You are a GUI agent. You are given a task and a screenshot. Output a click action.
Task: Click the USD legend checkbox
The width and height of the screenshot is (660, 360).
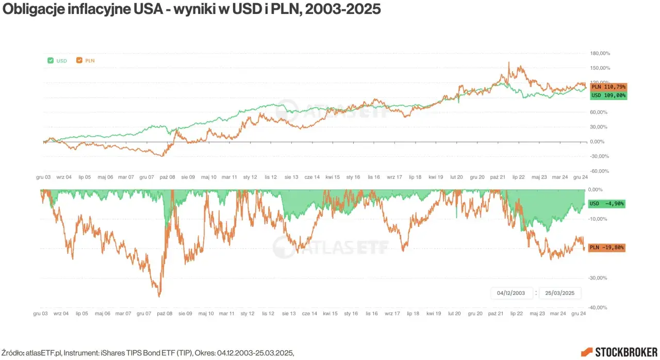(50, 60)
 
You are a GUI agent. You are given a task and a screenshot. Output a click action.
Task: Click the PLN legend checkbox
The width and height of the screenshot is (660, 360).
(79, 60)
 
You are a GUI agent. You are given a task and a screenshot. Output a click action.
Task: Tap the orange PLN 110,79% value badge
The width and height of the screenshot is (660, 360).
(608, 87)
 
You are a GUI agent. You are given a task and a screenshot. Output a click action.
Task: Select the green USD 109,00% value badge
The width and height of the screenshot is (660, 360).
(608, 95)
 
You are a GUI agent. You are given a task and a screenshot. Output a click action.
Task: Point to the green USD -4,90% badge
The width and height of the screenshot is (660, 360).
(606, 204)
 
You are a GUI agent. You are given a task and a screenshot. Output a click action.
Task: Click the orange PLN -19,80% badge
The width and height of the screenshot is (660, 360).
(606, 248)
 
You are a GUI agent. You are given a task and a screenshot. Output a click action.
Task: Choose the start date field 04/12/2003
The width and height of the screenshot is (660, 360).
(510, 293)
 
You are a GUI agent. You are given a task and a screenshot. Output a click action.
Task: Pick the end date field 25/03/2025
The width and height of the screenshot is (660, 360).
(560, 293)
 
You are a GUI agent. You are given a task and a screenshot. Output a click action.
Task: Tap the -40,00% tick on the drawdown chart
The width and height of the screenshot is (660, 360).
(598, 308)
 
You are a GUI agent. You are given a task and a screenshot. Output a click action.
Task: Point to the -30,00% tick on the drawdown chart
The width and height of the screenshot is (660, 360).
(598, 278)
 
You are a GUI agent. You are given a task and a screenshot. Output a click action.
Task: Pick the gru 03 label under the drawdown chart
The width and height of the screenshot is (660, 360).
(41, 313)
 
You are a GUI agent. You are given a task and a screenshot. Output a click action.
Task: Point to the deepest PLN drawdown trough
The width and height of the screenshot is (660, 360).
(159, 297)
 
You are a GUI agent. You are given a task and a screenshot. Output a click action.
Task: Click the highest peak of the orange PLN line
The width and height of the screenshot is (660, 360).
(509, 62)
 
